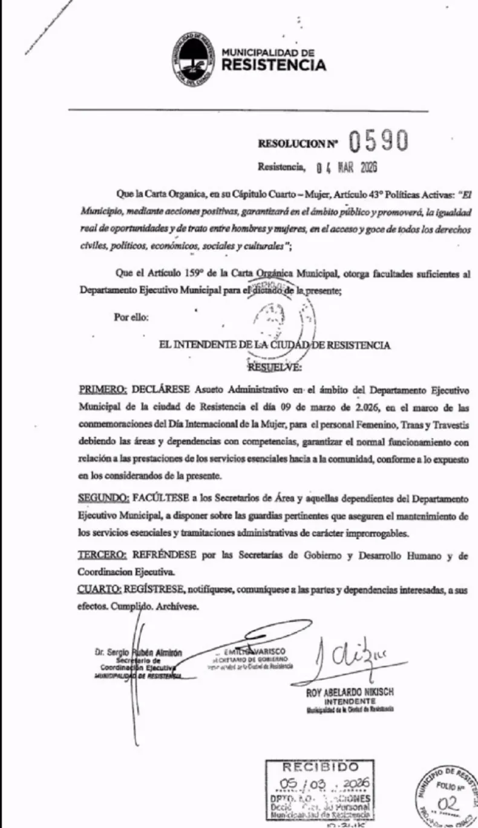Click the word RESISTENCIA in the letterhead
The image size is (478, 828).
(274, 65)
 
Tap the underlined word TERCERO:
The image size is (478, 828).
(102, 555)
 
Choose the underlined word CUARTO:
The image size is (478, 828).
(100, 589)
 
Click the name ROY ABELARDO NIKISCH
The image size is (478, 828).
(350, 693)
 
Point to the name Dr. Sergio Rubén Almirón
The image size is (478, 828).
(138, 653)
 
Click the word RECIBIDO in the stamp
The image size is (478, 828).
(319, 767)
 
